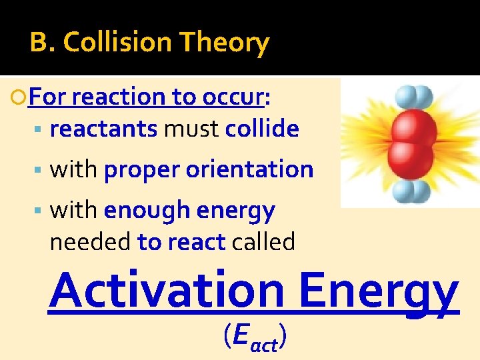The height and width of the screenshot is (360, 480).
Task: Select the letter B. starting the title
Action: [41, 43]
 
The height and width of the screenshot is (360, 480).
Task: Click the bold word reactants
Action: [103, 129]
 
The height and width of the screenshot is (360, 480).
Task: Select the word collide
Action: [262, 129]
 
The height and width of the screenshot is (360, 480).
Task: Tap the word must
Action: [191, 129]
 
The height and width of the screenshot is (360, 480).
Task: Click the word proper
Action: [142, 170]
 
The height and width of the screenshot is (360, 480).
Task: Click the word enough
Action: [147, 211]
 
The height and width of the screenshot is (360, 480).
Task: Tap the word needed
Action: [91, 242]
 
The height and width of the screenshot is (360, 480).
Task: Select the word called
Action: [263, 242]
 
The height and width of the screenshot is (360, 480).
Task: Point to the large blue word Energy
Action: [379, 291]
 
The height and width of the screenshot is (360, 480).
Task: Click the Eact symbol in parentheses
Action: [255, 339]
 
